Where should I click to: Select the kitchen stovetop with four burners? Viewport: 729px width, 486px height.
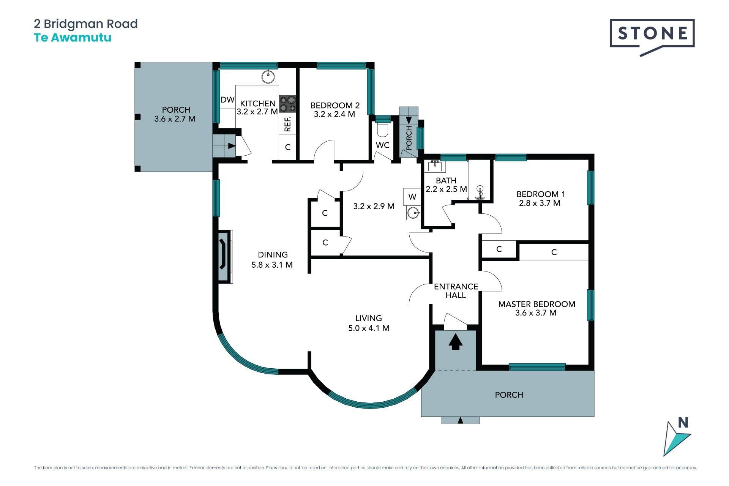(287, 104)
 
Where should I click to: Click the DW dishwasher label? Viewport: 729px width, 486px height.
(227, 100)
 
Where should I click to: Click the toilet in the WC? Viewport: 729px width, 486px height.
(383, 129)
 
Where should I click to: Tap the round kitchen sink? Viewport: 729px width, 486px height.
(268, 77)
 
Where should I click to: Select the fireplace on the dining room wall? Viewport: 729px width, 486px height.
(224, 256)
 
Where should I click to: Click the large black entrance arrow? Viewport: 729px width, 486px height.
(456, 341)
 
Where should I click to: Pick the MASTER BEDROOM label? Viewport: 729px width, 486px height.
(536, 304)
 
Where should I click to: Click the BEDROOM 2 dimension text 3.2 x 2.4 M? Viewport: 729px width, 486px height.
(334, 114)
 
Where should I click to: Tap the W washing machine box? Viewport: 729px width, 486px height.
(412, 197)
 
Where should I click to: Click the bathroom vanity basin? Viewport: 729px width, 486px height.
(435, 166)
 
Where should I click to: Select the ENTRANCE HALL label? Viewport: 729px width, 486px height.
(456, 291)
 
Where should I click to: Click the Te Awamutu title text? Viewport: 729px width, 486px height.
(73, 38)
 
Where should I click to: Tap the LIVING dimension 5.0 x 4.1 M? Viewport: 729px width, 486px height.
(369, 328)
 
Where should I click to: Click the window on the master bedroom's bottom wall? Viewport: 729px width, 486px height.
(537, 367)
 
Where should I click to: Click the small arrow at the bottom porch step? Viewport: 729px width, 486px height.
(461, 420)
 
